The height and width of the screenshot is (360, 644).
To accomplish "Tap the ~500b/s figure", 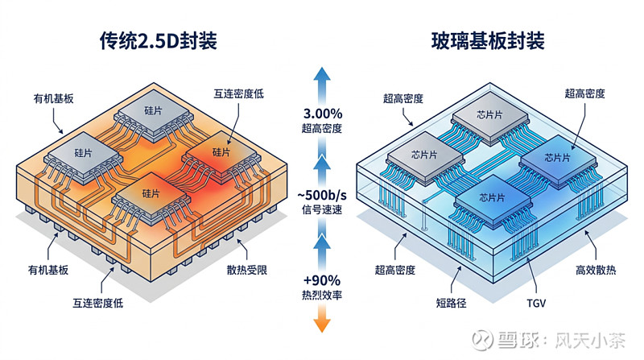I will (x=322, y=197).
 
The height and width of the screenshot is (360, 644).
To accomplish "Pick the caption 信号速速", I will (x=322, y=213).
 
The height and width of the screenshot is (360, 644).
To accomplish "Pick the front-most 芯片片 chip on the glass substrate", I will (x=489, y=197).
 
